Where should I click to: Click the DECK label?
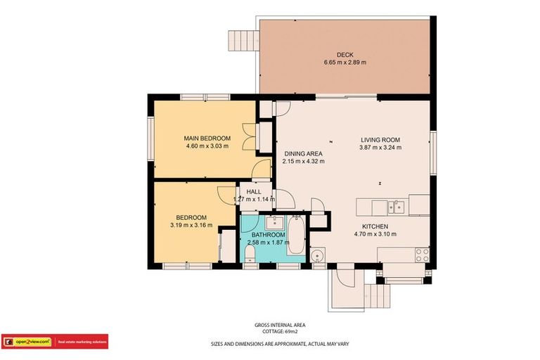tap(345, 54)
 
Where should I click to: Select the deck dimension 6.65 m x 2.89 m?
tap(345, 63)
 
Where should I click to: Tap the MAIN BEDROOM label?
tap(207, 138)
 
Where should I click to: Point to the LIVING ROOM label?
tap(380, 139)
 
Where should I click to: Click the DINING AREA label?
tap(303, 153)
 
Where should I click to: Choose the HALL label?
tap(253, 191)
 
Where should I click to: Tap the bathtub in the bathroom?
tap(296, 239)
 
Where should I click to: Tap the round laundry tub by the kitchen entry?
tap(317, 255)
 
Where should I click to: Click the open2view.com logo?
tap(27, 342)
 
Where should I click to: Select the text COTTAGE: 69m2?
tap(279, 331)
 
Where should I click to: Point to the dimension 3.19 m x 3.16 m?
tap(191, 225)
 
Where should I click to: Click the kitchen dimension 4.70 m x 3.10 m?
tap(375, 234)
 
